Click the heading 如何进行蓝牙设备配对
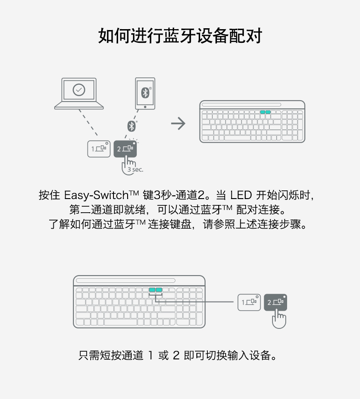click(x=180, y=36)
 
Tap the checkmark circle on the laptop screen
click(x=79, y=90)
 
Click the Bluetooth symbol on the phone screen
click(x=145, y=92)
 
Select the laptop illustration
click(x=79, y=94)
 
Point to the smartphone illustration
click(x=145, y=93)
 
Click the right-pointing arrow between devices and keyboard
click(x=178, y=123)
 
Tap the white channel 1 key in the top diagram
click(x=99, y=149)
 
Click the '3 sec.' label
click(x=135, y=169)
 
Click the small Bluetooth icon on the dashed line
click(x=132, y=126)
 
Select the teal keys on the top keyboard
click(x=265, y=112)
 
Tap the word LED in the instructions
click(x=241, y=196)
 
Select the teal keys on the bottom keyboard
click(x=155, y=290)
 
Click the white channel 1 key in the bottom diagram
click(x=249, y=302)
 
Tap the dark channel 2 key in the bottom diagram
click(x=276, y=302)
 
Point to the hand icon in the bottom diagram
click(x=279, y=318)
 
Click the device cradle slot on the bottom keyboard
click(x=125, y=281)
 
